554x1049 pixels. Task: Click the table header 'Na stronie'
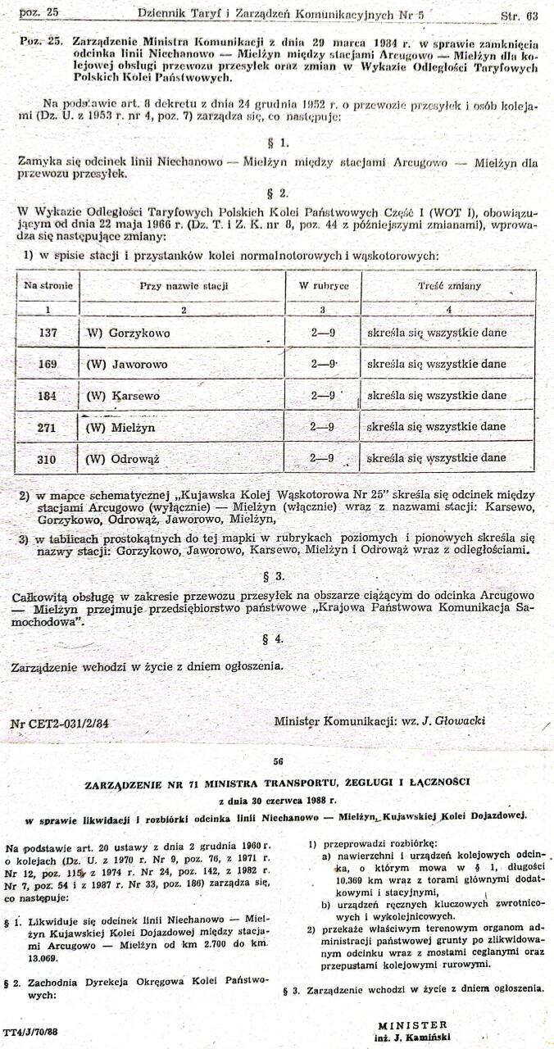click(48, 286)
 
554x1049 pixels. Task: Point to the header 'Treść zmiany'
click(449, 287)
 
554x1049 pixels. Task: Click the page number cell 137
click(48, 334)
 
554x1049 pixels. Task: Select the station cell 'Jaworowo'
click(127, 364)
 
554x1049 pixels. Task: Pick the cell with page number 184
click(48, 396)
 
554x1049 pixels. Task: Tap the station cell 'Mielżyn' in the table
click(121, 427)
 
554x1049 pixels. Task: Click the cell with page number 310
click(48, 460)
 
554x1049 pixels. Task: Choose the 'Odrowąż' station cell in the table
click(128, 460)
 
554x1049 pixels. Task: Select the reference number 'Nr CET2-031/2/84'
click(60, 724)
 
